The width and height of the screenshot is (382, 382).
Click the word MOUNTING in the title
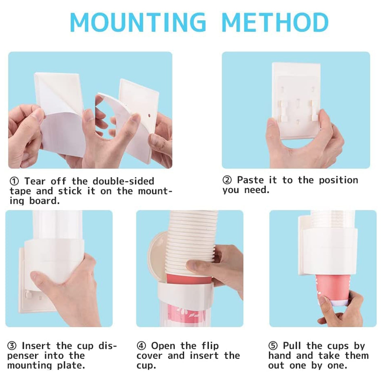pos(138,22)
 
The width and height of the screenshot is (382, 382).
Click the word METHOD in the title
pos(275,22)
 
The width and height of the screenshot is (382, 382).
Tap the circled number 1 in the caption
pos(14,181)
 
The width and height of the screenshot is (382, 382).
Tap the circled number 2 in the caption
pos(227,180)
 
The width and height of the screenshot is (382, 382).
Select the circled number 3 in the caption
pos(12,346)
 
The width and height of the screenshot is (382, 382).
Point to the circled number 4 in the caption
pos(141,346)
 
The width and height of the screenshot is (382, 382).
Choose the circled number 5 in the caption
pos(273,346)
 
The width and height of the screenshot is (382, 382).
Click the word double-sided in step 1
pos(123,181)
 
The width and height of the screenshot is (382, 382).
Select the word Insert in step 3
pos(36,346)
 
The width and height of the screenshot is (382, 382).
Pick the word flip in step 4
pos(210,346)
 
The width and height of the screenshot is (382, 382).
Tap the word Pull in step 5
pos(292,346)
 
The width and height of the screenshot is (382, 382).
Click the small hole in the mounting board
pos(149,116)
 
